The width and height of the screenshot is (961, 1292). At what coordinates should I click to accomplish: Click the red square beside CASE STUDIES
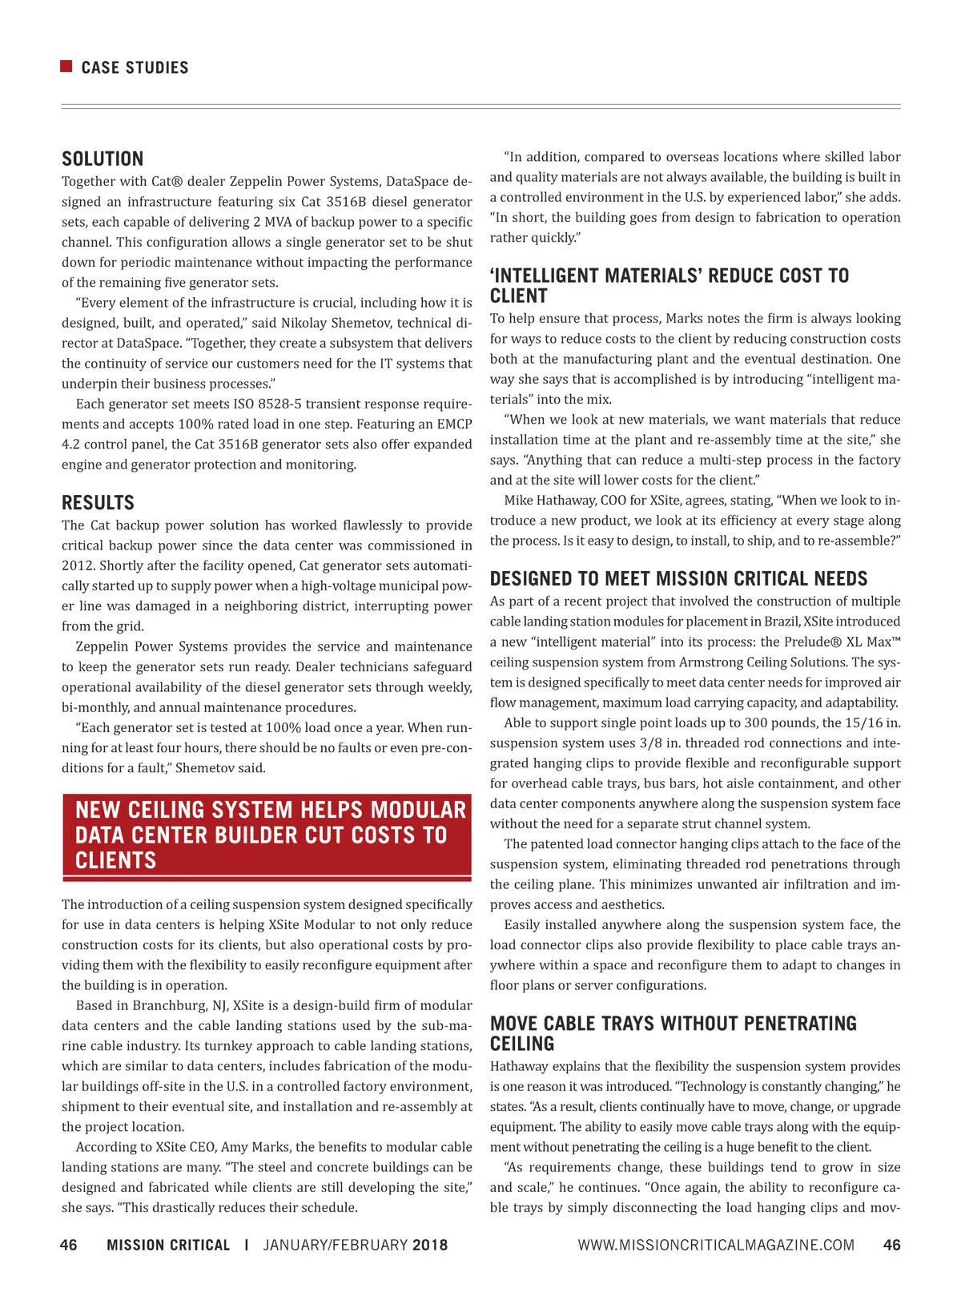[x=66, y=66]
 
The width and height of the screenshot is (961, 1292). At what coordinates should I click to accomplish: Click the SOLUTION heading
[x=103, y=159]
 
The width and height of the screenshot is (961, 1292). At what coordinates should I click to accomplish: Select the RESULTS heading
[x=98, y=503]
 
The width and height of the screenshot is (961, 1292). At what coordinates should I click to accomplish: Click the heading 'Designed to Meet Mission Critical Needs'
[x=678, y=579]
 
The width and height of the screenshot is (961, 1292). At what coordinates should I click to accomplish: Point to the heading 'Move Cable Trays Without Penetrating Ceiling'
[x=673, y=1033]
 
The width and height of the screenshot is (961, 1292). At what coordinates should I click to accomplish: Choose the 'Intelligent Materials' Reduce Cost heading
[x=669, y=286]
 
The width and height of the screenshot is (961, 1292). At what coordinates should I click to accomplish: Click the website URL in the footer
[x=716, y=1245]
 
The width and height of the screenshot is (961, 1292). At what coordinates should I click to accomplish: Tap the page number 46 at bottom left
[x=69, y=1245]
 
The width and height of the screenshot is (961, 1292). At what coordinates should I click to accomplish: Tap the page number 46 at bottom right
[x=891, y=1245]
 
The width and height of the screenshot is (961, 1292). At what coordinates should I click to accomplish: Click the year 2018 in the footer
[x=430, y=1245]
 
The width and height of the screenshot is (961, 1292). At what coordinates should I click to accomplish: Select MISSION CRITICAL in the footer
[x=168, y=1245]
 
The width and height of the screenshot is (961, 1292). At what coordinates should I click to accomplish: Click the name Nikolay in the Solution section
[x=304, y=323]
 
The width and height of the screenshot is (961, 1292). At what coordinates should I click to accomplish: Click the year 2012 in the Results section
[x=76, y=566]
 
